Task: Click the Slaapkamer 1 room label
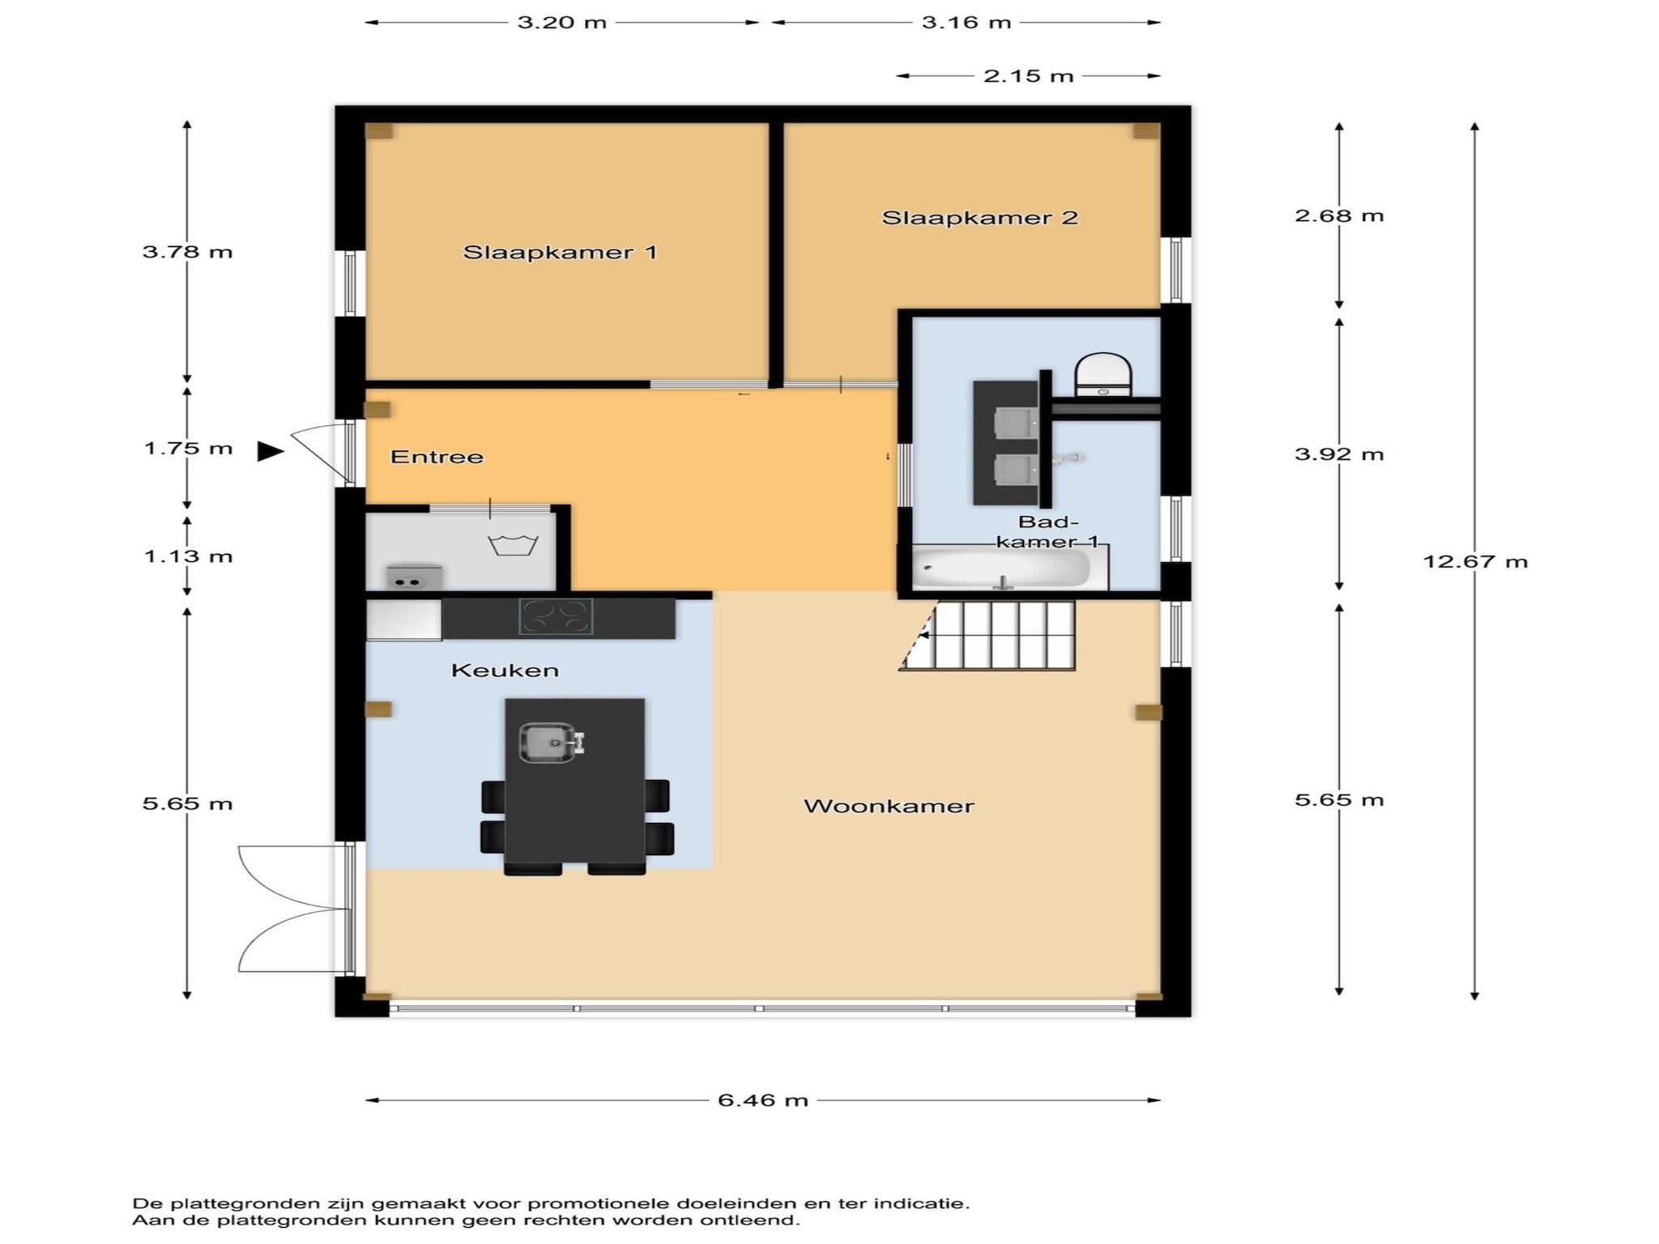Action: [x=560, y=252]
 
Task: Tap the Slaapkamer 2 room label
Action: [x=979, y=217]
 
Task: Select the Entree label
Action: [x=437, y=457]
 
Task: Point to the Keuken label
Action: [x=505, y=670]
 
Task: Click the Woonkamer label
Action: [x=889, y=806]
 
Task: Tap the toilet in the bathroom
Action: [x=1103, y=375]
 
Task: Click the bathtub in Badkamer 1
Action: [x=1002, y=568]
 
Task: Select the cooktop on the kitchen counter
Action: [x=556, y=616]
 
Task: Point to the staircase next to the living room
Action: [x=988, y=636]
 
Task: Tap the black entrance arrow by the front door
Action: [x=271, y=451]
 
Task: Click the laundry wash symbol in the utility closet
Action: [x=513, y=545]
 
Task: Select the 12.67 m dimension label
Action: [x=1475, y=561]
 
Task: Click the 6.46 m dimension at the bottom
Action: [x=763, y=1100]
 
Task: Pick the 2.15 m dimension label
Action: [x=1028, y=76]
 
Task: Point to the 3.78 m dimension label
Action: [x=187, y=252]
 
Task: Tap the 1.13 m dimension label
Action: [x=188, y=556]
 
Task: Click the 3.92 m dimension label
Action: [x=1339, y=454]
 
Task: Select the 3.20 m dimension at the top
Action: [x=562, y=23]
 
